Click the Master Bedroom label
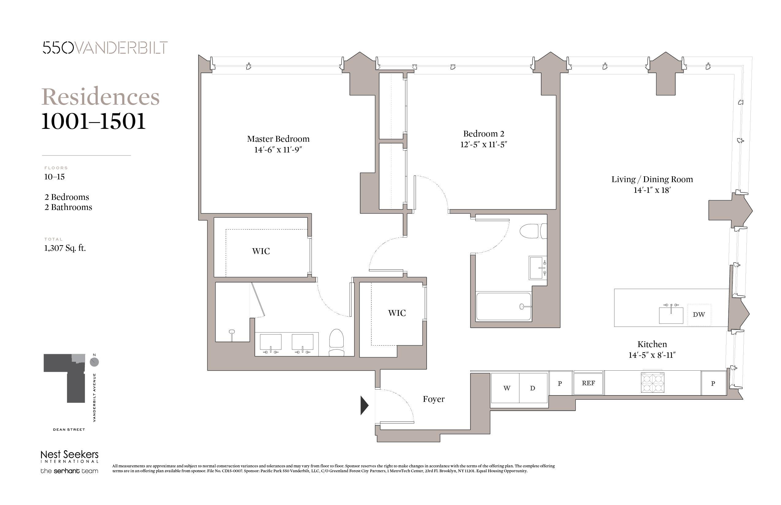click(x=278, y=139)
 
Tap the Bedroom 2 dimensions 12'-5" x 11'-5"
click(x=483, y=144)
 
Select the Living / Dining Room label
click(x=652, y=179)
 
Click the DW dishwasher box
click(x=699, y=315)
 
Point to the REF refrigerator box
click(x=588, y=383)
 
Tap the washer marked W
click(x=506, y=388)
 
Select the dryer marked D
click(x=533, y=388)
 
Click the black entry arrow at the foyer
click(x=364, y=406)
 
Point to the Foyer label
click(x=433, y=399)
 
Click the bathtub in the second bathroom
click(x=503, y=307)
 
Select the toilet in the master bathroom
click(x=336, y=343)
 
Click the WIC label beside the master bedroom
click(x=261, y=251)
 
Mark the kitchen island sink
click(x=671, y=315)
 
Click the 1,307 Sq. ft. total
click(x=65, y=248)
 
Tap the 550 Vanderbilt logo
click(x=105, y=47)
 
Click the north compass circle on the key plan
click(x=94, y=362)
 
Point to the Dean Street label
click(x=69, y=430)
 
